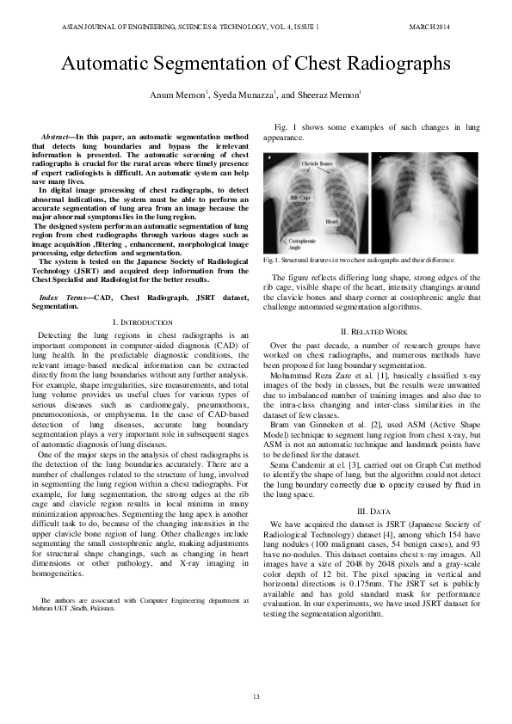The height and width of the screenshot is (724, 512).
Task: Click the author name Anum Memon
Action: [x=179, y=95]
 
